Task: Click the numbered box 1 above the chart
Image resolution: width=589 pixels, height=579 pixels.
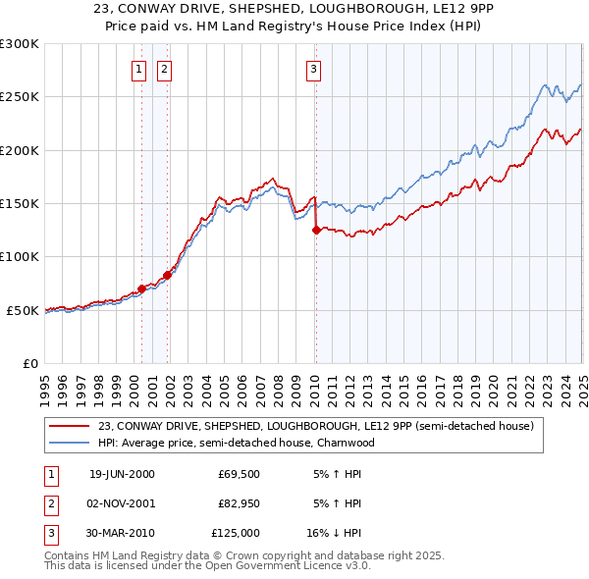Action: point(138,69)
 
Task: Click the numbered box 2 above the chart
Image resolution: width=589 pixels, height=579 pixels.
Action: point(163,69)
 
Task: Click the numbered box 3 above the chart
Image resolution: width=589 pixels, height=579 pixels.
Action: point(312,69)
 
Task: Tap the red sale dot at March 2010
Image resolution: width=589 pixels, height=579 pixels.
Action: point(316,231)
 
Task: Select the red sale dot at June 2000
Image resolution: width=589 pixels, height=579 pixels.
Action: point(141,289)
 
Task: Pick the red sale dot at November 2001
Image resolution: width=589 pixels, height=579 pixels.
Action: point(167,275)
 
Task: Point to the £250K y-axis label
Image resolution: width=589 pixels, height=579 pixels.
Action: point(20,97)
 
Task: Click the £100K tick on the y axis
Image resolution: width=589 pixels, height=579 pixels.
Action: point(20,257)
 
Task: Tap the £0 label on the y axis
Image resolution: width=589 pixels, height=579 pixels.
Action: point(29,363)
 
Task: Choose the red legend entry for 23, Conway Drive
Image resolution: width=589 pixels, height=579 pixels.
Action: point(314,426)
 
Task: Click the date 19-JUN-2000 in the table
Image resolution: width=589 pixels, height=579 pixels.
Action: point(122,474)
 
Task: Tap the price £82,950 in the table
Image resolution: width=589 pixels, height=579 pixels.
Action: point(239,503)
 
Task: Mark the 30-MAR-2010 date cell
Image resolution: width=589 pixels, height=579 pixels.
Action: point(122,533)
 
